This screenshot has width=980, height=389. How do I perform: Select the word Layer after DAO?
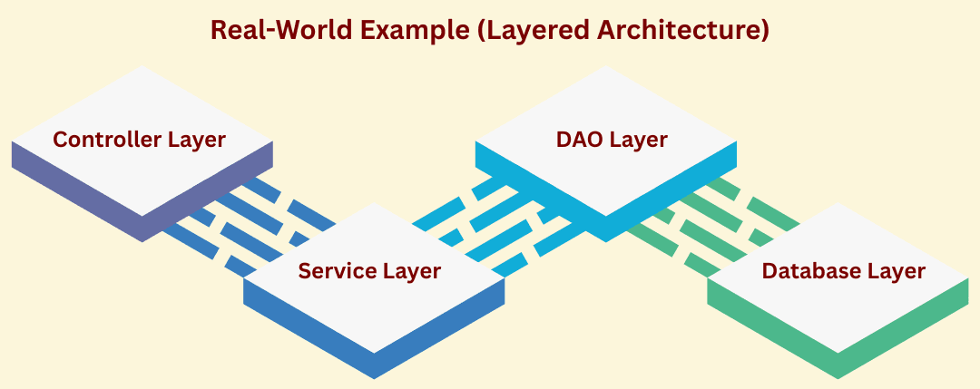639,140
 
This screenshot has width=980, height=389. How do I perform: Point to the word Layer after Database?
896,271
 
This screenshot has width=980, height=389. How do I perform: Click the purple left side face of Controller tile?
73,191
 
